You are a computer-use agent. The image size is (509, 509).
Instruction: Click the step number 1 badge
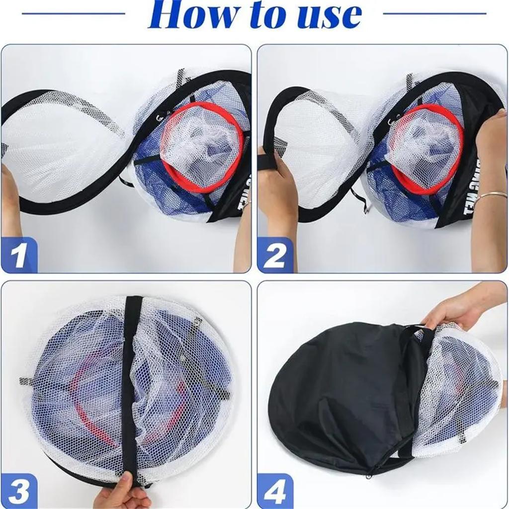[x=19, y=254]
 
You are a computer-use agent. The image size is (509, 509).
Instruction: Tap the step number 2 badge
[x=275, y=254]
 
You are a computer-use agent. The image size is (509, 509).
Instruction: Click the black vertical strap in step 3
[x=130, y=378]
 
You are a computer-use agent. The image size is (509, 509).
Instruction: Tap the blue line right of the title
[x=435, y=13]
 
